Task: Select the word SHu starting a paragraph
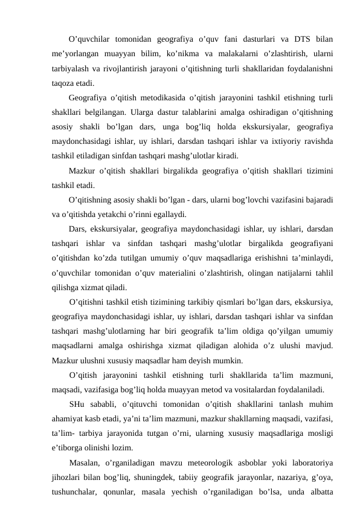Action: pos(77,404)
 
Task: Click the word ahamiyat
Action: pos(69,418)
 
